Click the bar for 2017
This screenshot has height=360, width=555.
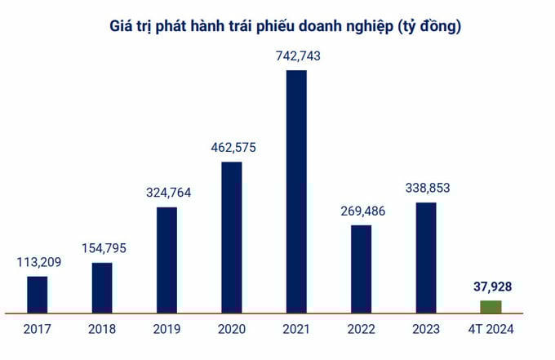[38, 294]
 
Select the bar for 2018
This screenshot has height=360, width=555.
[102, 287]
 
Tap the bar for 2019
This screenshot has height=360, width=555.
[166, 260]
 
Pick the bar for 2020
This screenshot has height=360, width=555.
[232, 237]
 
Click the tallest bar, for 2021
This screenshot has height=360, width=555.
[296, 191]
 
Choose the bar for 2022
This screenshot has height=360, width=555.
[362, 269]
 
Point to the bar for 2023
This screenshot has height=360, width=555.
[426, 257]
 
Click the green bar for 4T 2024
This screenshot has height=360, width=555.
[491, 307]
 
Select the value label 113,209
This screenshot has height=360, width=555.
[38, 262]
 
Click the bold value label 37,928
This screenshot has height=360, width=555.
[491, 287]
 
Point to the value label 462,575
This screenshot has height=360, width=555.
[233, 147]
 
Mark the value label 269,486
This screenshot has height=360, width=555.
[362, 210]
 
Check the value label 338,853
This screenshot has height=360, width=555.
[427, 188]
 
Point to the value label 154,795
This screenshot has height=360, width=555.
[103, 248]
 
